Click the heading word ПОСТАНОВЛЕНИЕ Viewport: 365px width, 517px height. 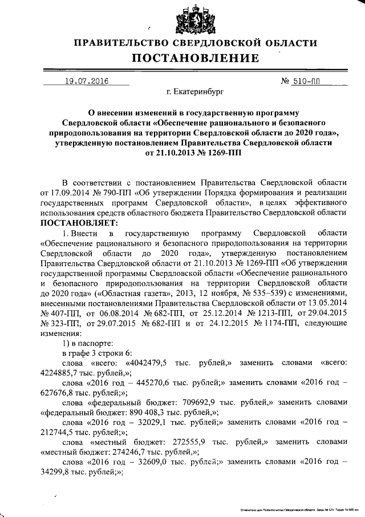[x=196, y=58]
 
